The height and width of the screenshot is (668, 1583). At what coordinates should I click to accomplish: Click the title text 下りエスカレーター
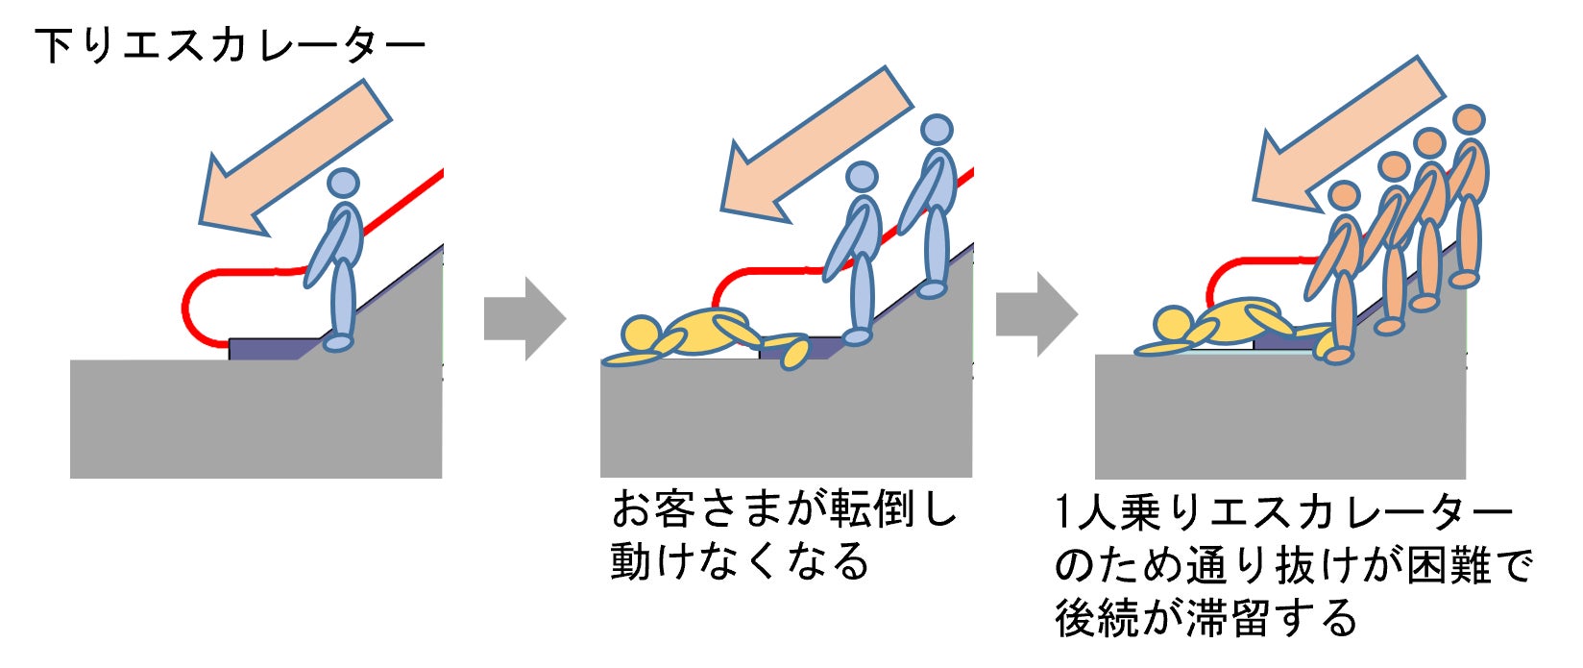coord(230,45)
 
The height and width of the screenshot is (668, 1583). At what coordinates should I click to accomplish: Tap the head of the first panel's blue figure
coord(343,183)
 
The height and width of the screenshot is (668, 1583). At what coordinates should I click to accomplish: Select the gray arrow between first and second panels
coord(524,319)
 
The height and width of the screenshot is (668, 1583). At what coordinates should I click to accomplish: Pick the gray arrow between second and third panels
coord(1035,314)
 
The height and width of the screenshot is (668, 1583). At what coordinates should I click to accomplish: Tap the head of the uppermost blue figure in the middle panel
coord(936,130)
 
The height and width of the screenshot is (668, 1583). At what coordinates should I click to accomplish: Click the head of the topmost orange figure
coord(1468,119)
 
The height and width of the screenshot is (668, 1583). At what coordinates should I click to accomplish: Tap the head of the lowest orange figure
coord(1344,197)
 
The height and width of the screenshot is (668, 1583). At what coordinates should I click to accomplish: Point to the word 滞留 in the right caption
coord(1231,617)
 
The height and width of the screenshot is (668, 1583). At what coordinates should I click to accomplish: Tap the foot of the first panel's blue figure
coord(337,342)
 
